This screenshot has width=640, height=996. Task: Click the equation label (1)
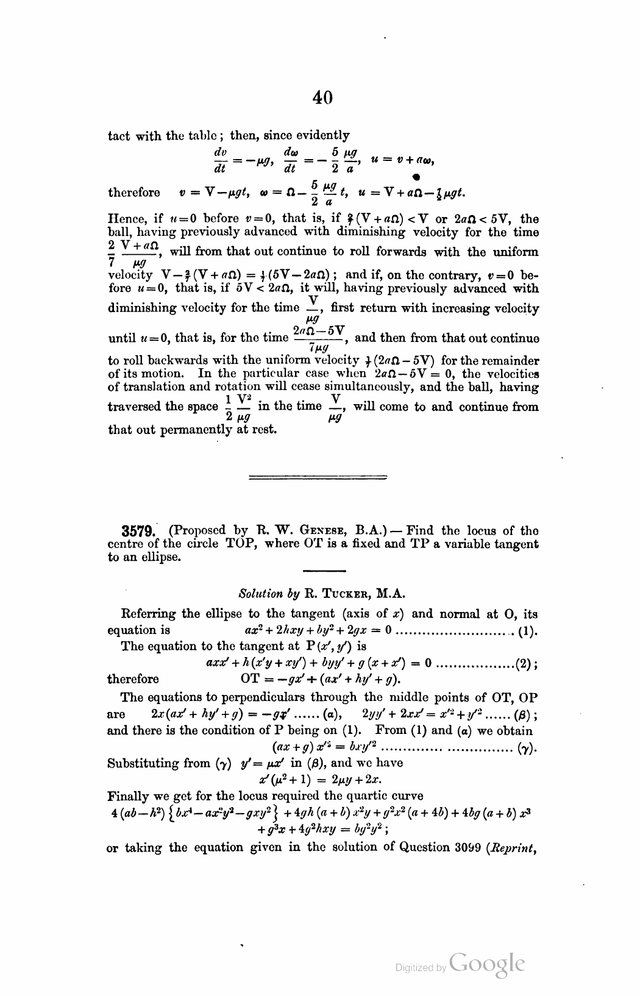point(527,630)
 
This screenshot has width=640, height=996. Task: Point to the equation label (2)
point(525,663)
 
